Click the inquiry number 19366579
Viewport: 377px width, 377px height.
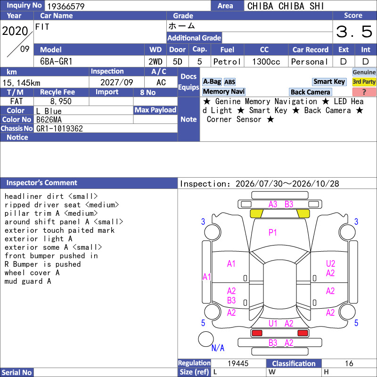66,6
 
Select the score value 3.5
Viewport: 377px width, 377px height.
354,32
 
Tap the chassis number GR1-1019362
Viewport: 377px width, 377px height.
59,129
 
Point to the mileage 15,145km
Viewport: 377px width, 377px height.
21,83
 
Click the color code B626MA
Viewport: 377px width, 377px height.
49,120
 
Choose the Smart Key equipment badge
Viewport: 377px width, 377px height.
329,82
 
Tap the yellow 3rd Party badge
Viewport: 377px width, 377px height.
364,82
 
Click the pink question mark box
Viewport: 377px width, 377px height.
364,92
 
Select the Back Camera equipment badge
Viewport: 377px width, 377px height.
310,92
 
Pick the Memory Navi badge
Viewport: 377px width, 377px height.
223,91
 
